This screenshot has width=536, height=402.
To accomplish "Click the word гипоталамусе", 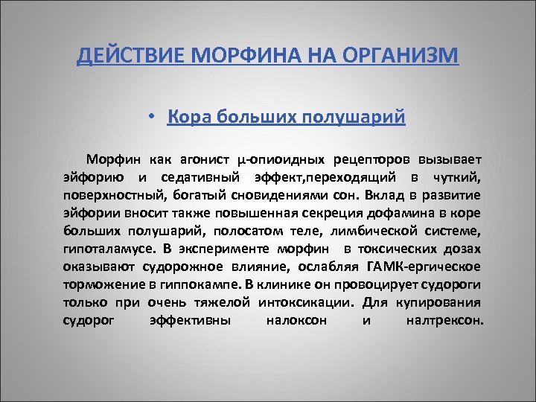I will click(99, 249).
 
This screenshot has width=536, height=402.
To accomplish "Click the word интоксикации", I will click(307, 303).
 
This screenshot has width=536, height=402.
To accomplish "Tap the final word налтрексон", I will click(445, 321).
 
